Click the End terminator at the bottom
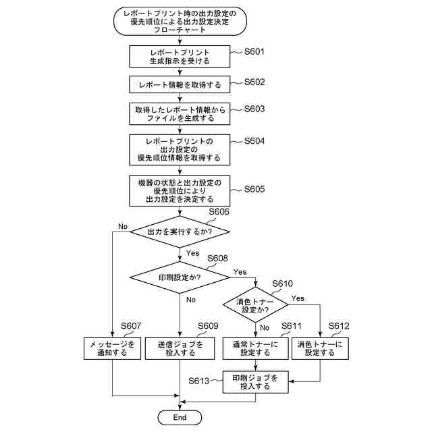(180, 418)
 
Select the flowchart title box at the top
(180, 21)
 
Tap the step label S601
(254, 51)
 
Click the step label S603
(254, 108)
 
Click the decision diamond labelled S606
(180, 232)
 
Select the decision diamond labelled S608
(180, 277)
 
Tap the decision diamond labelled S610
(256, 306)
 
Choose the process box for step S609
(180, 348)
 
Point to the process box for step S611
(255, 348)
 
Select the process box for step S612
(319, 348)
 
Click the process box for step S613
(255, 382)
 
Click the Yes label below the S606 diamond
(192, 253)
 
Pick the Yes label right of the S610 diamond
(298, 298)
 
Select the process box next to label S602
(180, 85)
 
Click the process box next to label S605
(180, 191)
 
